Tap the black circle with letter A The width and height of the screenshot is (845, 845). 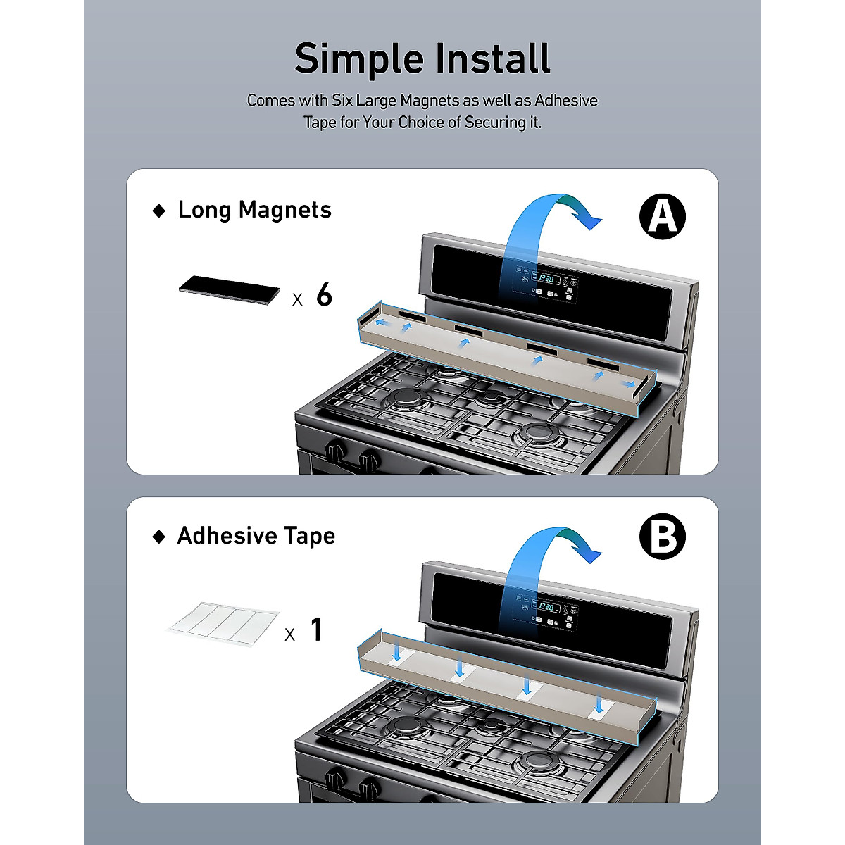[x=662, y=216]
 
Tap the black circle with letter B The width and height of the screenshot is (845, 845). [x=662, y=537]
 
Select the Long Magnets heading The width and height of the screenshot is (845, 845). [x=254, y=210]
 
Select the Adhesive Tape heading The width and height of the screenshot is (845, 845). [x=256, y=536]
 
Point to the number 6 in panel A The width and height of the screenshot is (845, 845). [x=324, y=294]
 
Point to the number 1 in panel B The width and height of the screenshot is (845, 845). [x=317, y=629]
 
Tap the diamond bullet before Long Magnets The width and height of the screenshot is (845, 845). [x=160, y=211]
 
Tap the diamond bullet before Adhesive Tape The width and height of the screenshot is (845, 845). [x=160, y=537]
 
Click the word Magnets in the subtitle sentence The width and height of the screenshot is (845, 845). [x=430, y=101]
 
